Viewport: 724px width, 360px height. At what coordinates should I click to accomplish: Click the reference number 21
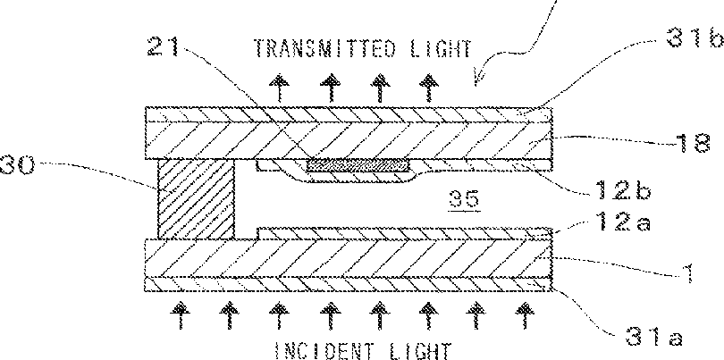coord(164,46)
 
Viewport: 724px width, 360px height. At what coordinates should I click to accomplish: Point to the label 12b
coord(623,189)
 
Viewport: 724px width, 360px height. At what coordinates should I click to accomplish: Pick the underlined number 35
coord(467,199)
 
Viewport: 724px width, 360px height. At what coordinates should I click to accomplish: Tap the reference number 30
coord(17,165)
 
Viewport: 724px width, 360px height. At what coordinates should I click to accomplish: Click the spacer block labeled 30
coord(197,199)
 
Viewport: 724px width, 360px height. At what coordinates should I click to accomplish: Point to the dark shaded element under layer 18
coord(358,164)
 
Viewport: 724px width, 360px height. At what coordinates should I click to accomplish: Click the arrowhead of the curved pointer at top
coord(478,82)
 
